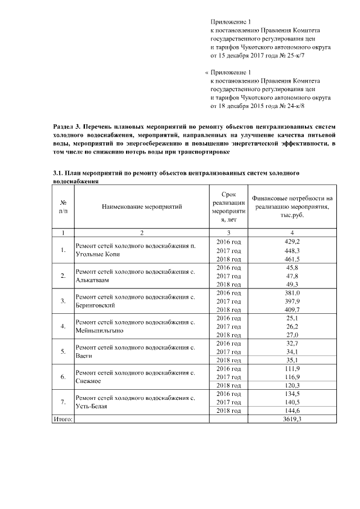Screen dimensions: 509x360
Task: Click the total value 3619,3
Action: click(292, 420)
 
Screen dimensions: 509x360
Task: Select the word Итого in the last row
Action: click(62, 420)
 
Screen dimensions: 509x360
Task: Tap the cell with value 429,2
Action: click(292, 241)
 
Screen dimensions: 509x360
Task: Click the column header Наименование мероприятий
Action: click(142, 207)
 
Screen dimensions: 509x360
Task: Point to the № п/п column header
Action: click(64, 207)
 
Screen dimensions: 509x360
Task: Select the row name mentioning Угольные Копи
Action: click(136, 250)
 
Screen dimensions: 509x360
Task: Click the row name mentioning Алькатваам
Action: click(136, 276)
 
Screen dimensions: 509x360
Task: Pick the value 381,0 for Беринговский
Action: click(292, 293)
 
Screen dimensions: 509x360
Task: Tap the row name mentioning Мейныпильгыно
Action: click(136, 327)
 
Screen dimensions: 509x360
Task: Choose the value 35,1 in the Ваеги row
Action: click(292, 361)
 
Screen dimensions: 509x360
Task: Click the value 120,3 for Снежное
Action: click(292, 386)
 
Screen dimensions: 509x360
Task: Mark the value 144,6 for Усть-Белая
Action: click(292, 411)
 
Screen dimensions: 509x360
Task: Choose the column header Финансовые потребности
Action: click(292, 207)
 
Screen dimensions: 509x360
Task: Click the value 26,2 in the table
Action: click(292, 327)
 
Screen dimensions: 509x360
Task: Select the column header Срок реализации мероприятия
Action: click(228, 207)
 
